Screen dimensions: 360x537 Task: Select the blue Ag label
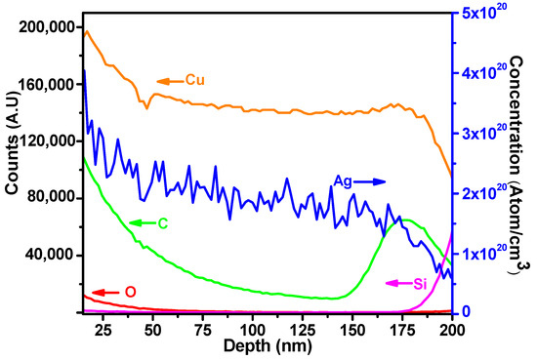(343, 181)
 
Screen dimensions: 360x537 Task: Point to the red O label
(128, 292)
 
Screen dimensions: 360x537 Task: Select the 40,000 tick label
(49, 254)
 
